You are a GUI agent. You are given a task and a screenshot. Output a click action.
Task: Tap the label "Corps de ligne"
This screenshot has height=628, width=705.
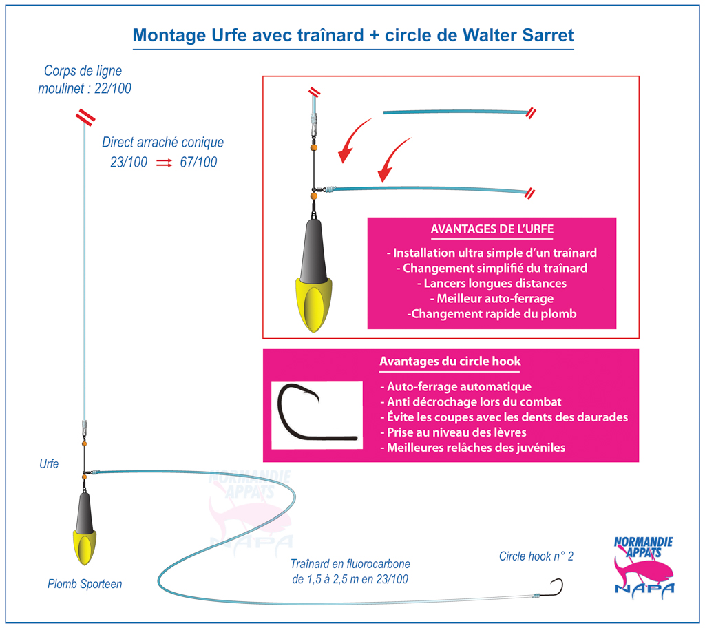[83, 71]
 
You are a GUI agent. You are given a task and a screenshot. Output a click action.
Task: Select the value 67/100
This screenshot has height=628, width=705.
[198, 162]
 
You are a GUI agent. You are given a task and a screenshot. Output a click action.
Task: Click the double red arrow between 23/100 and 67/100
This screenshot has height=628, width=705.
[164, 163]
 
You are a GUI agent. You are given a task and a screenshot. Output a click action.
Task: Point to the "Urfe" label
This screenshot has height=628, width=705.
[49, 464]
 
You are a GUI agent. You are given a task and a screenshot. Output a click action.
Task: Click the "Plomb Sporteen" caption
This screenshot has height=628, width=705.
[85, 584]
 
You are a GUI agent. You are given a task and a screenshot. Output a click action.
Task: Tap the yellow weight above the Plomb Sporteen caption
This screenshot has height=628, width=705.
[85, 547]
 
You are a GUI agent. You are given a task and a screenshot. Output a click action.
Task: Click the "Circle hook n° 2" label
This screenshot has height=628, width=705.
[536, 556]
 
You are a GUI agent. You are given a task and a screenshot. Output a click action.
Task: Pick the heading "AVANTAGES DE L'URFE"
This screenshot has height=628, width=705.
[492, 229]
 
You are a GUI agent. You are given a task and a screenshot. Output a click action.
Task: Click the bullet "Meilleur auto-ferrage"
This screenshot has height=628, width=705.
[492, 299]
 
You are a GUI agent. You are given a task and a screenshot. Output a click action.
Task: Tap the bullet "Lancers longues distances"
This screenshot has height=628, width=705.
[492, 284]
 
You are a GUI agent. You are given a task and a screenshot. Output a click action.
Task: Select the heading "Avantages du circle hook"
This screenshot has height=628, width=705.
[450, 362]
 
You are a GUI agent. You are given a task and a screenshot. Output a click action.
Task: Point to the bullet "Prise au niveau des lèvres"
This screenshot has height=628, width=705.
[453, 432]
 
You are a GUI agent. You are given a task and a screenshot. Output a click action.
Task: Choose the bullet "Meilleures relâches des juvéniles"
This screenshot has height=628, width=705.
[472, 448]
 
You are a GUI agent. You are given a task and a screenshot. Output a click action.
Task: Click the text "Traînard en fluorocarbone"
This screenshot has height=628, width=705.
[350, 564]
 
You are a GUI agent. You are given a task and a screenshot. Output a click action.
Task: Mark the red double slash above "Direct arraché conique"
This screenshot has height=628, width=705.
[85, 117]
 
